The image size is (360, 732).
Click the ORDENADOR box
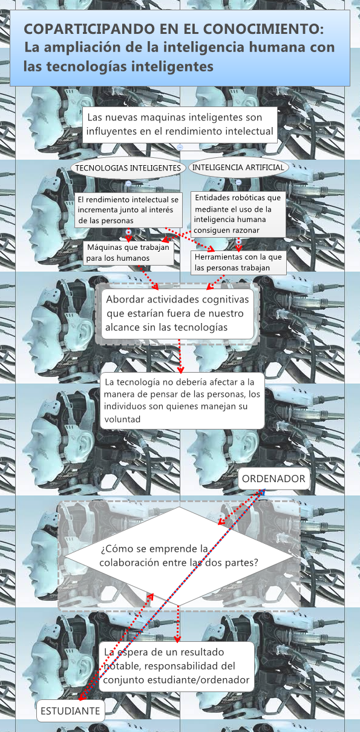pyautogui.click(x=273, y=479)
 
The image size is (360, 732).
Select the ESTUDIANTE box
pyautogui.click(x=70, y=711)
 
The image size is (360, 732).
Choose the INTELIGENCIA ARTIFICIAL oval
pyautogui.click(x=237, y=167)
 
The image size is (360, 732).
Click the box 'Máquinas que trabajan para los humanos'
pyautogui.click(x=128, y=253)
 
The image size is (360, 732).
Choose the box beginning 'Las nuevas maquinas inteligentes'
pyautogui.click(x=180, y=124)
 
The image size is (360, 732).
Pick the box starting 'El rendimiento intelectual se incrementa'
pyautogui.click(x=129, y=210)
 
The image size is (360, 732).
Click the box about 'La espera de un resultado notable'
pyautogui.click(x=176, y=666)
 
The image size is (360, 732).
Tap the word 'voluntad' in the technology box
pyautogui.click(x=123, y=419)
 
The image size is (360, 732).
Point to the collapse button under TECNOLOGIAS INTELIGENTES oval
pyautogui.click(x=128, y=183)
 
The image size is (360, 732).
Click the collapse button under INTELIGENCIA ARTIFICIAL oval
pyautogui.click(x=238, y=182)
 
